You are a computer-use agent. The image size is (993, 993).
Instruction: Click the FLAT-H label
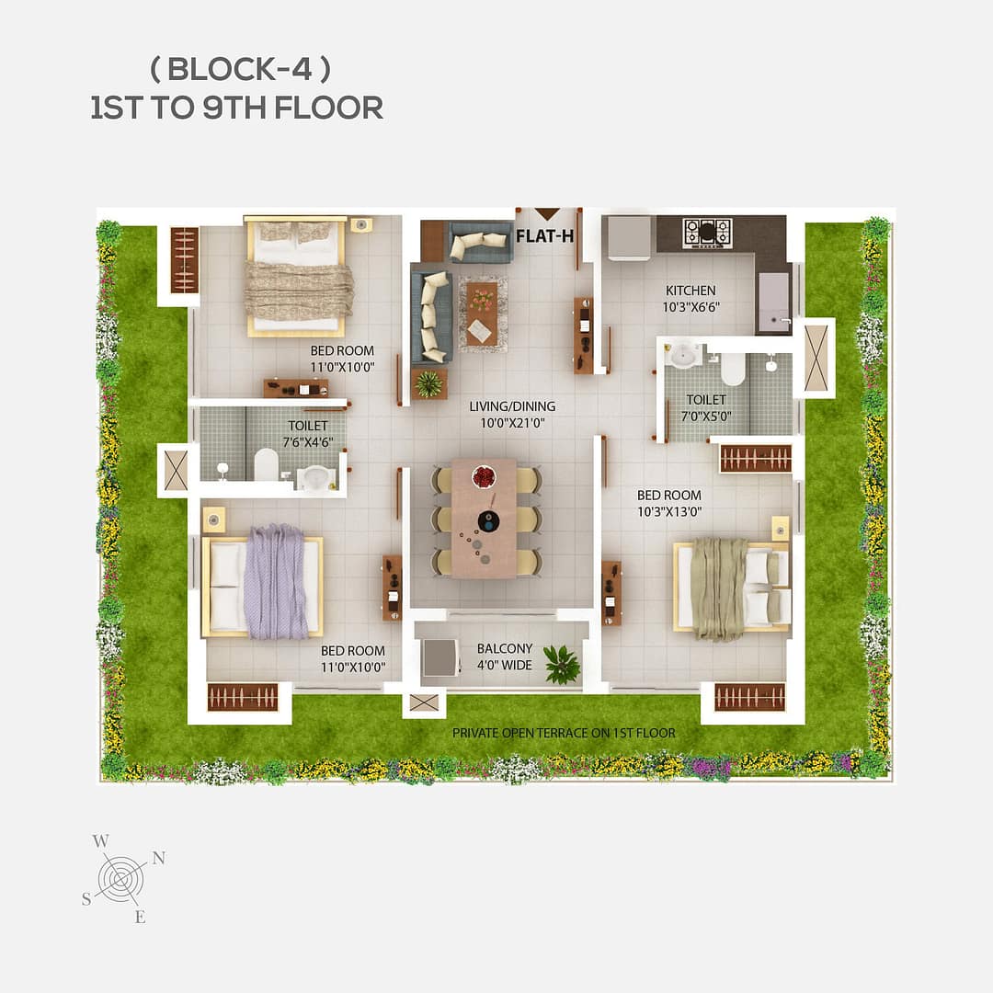coord(544,235)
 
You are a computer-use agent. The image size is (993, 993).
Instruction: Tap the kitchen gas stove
coord(707,233)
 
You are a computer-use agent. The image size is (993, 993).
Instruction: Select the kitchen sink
coord(773,302)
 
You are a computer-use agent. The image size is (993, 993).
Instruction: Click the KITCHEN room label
coord(691,291)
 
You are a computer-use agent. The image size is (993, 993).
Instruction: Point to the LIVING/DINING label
coord(512,405)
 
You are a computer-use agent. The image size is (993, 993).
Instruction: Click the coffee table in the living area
coord(481,314)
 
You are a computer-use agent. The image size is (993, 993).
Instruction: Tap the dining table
coord(485,518)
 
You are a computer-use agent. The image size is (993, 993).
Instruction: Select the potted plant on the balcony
coord(560,664)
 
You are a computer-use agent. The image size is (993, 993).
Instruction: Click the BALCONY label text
coord(504,648)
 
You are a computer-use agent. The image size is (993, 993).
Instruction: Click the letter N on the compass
coord(158,857)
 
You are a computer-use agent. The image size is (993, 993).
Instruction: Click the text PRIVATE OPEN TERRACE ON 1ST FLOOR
coord(564,733)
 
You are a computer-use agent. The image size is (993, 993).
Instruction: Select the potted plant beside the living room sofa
coord(428,383)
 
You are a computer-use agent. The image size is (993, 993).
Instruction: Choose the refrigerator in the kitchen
coord(629,237)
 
